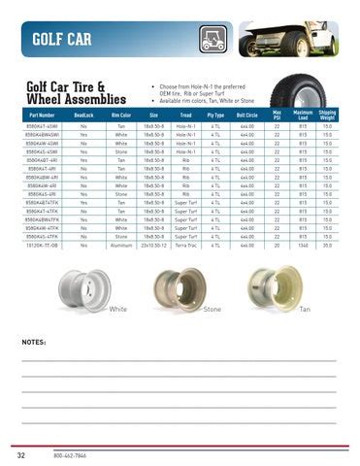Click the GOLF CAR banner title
[x=62, y=39]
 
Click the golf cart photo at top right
[x=290, y=38]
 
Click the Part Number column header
[x=43, y=115]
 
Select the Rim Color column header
[x=120, y=115]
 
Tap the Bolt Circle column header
[x=246, y=115]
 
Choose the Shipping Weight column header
[x=327, y=115]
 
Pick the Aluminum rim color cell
[x=120, y=245]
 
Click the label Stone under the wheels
[x=213, y=309]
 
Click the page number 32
[x=20, y=453]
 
